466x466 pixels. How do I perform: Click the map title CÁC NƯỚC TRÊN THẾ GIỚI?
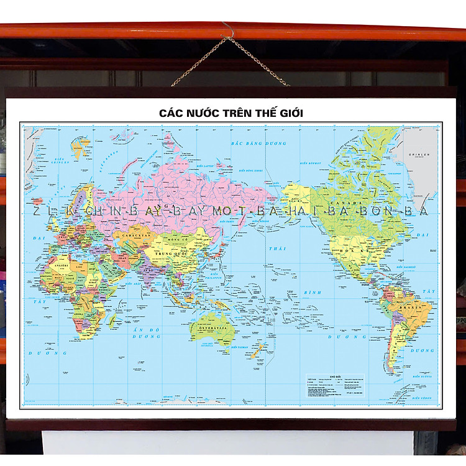coord(231,114)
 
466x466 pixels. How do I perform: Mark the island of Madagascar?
coord(112,321)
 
